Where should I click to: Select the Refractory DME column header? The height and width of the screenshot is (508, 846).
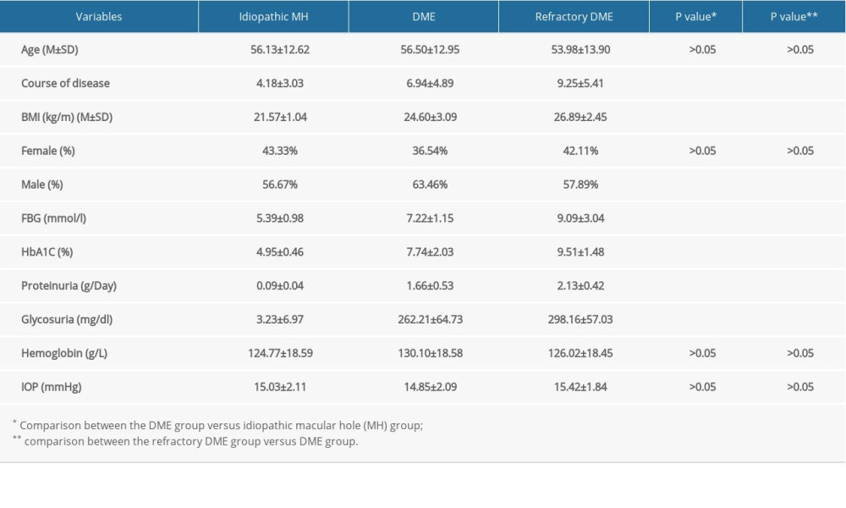pyautogui.click(x=574, y=16)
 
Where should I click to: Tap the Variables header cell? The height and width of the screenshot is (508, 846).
pyautogui.click(x=99, y=16)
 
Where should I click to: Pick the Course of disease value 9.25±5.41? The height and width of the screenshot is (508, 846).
pyautogui.click(x=574, y=83)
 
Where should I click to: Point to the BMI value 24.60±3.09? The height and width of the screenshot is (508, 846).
pyautogui.click(x=424, y=117)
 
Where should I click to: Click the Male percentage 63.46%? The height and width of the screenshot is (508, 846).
pyautogui.click(x=424, y=185)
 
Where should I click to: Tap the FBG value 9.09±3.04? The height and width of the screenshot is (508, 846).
pyautogui.click(x=574, y=218)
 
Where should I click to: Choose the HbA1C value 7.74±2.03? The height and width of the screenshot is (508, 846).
pyautogui.click(x=424, y=251)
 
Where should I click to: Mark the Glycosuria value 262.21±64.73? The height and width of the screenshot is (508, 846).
pyautogui.click(x=424, y=319)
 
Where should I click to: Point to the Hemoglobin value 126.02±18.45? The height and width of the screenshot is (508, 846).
pyautogui.click(x=574, y=353)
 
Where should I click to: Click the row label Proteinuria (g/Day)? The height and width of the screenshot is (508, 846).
pyautogui.click(x=69, y=285)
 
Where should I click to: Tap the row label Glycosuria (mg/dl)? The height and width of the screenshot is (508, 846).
pyautogui.click(x=69, y=319)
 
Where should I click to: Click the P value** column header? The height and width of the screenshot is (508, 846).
pyautogui.click(x=794, y=16)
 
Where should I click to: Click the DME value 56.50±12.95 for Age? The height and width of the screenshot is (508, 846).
pyautogui.click(x=424, y=49)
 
